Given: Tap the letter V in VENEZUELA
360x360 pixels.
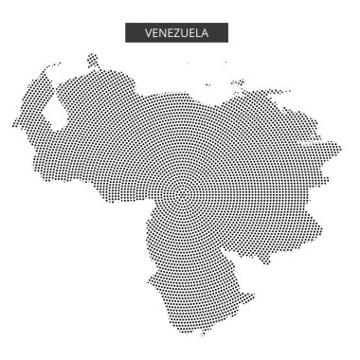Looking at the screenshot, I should [x=148, y=33].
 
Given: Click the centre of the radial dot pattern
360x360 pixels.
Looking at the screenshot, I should [x=179, y=195].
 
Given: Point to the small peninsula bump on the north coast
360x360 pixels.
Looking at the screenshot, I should [x=93, y=62].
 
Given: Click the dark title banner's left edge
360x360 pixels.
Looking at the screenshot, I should [x=126, y=33].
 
